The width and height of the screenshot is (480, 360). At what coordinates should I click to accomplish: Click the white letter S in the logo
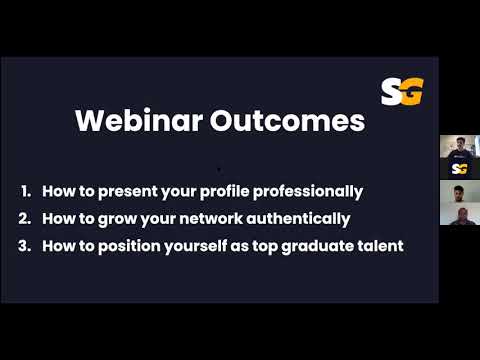(391, 92)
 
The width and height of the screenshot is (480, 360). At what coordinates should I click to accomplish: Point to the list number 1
(25, 190)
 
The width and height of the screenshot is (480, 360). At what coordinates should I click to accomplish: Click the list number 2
(25, 217)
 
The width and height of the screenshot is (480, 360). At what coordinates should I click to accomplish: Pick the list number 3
(25, 244)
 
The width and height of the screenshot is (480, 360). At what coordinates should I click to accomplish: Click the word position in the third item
(134, 244)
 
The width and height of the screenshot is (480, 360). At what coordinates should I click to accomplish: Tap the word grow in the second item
(107, 217)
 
